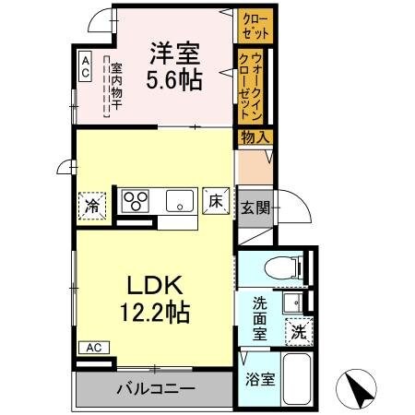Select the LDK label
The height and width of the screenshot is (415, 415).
coord(153,286)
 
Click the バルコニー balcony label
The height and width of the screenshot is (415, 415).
coord(155,388)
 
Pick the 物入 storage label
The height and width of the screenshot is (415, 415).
coord(255,137)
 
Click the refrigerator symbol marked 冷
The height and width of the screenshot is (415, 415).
coord(93,203)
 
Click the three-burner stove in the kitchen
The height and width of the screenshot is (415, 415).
coord(136,200)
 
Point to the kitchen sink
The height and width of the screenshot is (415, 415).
coord(179,200)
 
